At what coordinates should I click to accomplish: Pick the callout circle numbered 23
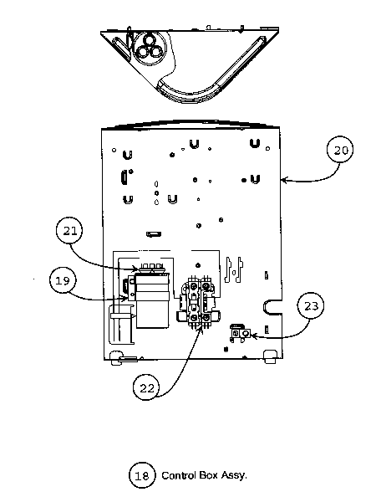310,306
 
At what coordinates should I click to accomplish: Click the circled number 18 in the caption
141,474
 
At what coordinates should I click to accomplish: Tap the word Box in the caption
208,474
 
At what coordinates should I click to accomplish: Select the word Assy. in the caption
235,474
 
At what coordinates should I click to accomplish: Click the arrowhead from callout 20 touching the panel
282,177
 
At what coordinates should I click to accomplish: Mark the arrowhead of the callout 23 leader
243,336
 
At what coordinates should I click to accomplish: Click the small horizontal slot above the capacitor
153,233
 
